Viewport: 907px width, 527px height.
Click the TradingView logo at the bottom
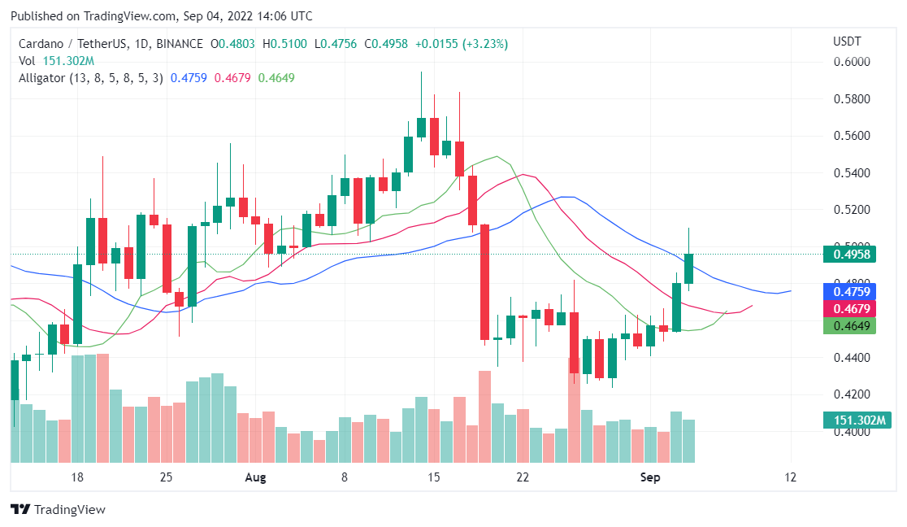[x=58, y=510]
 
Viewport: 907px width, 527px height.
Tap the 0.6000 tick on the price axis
[x=853, y=62]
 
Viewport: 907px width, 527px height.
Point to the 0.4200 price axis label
[x=853, y=394]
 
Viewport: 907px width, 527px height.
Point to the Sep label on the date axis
[x=650, y=477]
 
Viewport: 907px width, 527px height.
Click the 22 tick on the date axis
[x=523, y=477]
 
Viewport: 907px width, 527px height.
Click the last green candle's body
[x=688, y=268]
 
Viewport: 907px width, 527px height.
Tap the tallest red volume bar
[x=574, y=407]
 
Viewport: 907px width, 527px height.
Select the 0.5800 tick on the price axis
[x=853, y=99]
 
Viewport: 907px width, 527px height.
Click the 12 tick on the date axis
[x=790, y=477]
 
